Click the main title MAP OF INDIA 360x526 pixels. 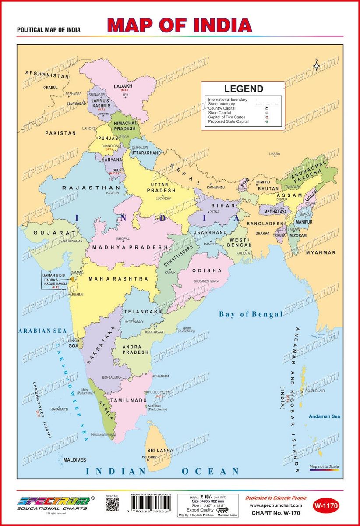pos(180,25)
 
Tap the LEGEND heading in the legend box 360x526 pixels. pos(244,89)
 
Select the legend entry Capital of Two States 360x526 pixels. pos(227,117)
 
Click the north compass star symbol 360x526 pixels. pos(316,66)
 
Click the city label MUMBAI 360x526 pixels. pos(76,295)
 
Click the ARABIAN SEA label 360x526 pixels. pos(42,331)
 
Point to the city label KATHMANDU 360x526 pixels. pos(215,188)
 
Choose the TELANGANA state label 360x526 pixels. pos(143,312)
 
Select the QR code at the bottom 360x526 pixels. pos(112,505)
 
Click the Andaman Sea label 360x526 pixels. pos(324,416)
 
